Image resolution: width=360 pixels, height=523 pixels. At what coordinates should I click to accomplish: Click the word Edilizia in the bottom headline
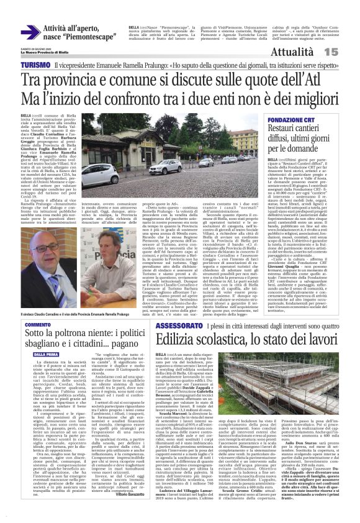178,339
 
